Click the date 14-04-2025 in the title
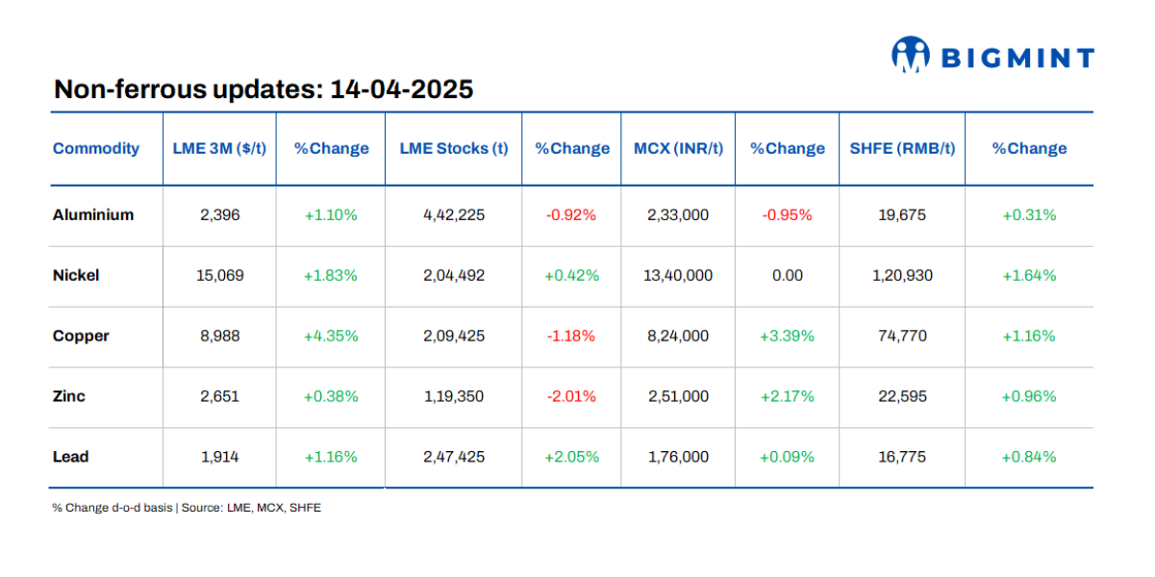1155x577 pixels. click(x=401, y=89)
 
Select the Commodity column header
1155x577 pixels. click(x=96, y=148)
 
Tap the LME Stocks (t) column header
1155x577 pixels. click(x=454, y=148)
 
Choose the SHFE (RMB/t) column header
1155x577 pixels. click(x=902, y=148)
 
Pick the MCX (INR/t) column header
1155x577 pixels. click(x=678, y=148)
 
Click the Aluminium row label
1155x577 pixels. click(x=93, y=214)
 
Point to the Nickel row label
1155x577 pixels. click(x=76, y=275)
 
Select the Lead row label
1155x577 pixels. click(x=70, y=457)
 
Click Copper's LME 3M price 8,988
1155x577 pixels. click(x=220, y=336)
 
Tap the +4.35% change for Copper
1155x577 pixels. click(x=331, y=336)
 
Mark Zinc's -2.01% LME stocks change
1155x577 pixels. click(x=571, y=396)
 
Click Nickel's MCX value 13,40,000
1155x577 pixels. click(x=678, y=275)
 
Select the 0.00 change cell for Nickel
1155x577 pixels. click(x=787, y=275)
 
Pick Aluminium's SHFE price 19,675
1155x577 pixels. click(x=902, y=214)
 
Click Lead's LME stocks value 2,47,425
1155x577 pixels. click(x=454, y=457)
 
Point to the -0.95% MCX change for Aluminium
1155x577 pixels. click(x=787, y=214)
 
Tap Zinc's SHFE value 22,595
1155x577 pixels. click(x=902, y=396)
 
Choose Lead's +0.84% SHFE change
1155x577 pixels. click(x=1029, y=457)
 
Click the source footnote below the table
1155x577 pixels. click(x=187, y=508)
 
